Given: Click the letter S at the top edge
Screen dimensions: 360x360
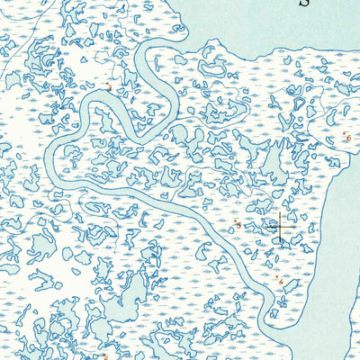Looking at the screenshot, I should [303, 3].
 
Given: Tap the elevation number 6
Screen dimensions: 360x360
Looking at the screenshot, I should [348, 137].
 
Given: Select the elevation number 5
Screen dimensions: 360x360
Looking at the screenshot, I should [238, 223].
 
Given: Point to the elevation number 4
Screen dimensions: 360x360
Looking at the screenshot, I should [280, 282].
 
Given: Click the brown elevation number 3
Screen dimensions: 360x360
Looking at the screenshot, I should [108, 87].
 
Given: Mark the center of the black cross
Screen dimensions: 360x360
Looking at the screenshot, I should [280, 228].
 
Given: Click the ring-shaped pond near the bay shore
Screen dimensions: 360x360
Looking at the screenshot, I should [214, 67].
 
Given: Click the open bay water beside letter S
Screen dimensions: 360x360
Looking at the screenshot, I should [270, 22].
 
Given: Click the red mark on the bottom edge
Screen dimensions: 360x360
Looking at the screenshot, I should [105, 356].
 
